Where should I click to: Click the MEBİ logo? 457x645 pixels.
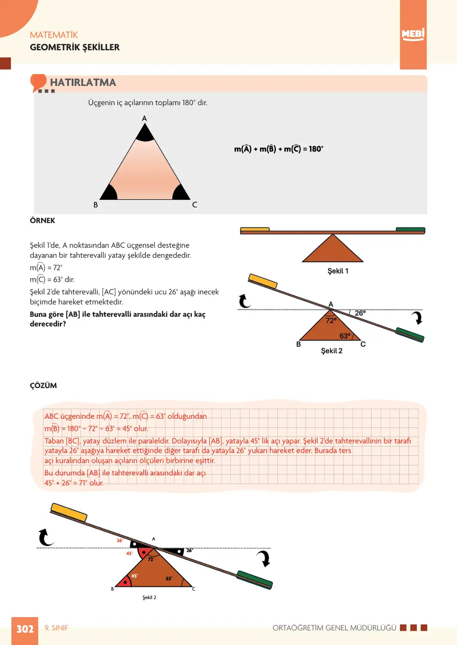(x=413, y=35)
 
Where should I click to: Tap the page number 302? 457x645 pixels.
(x=25, y=629)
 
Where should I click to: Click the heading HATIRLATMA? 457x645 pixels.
(x=83, y=82)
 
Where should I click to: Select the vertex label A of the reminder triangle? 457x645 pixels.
(x=144, y=118)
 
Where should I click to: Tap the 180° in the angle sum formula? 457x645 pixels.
(x=316, y=149)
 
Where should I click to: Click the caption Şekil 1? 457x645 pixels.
(x=338, y=271)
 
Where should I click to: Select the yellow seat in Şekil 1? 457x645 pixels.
(x=255, y=229)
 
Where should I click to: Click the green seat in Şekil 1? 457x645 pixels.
(x=410, y=229)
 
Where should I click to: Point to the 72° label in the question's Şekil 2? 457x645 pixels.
(x=331, y=320)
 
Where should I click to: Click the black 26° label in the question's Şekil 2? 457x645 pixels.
(x=360, y=313)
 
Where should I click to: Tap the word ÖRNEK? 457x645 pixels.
(x=43, y=221)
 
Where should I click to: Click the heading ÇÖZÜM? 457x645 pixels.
(x=43, y=385)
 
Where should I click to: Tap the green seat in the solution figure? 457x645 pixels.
(x=255, y=580)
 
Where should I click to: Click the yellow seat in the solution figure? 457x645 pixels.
(x=69, y=512)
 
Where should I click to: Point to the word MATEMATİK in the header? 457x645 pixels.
(x=54, y=35)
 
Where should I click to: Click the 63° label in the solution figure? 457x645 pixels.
(x=169, y=578)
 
